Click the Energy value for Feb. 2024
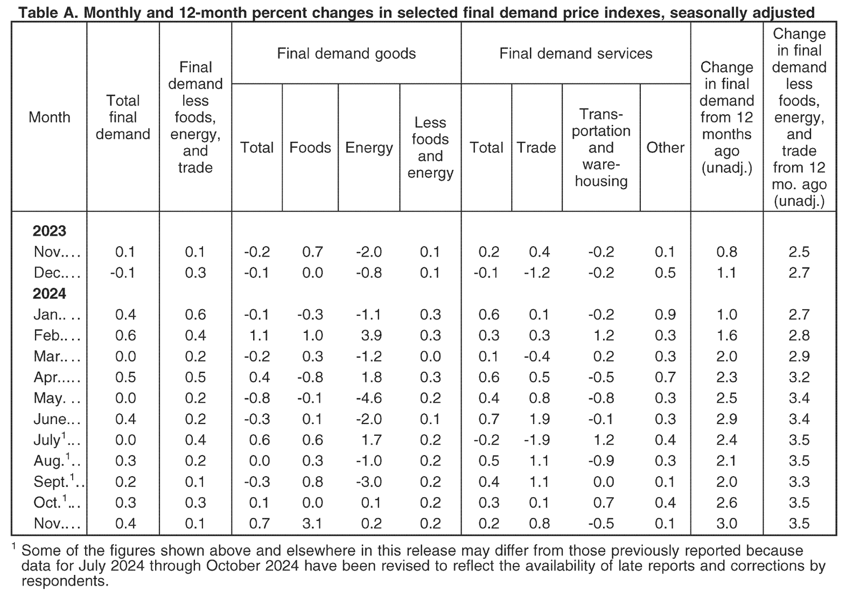371,336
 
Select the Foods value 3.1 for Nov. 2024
312,524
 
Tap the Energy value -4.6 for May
369,398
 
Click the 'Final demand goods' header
346,54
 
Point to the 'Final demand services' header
576,54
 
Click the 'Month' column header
50,117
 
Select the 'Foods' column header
310,147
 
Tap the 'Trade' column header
536,147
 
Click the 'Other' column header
666,147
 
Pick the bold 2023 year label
50,231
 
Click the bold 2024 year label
50,294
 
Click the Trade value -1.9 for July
537,440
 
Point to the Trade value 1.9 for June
540,419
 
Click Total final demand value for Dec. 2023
123,273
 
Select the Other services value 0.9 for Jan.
666,315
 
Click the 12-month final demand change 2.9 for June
727,419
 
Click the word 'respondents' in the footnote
65,581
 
